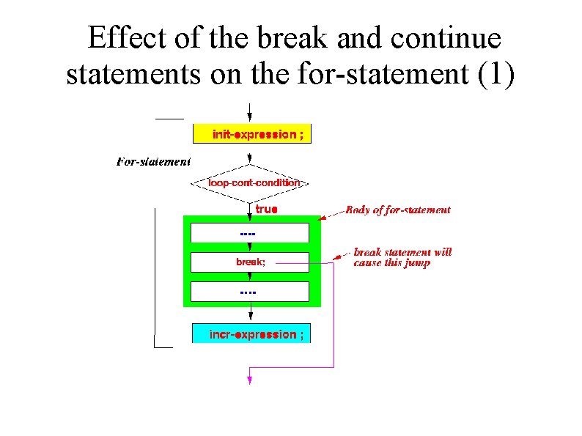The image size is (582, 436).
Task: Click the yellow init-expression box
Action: [x=251, y=134]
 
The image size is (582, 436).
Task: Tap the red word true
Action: [x=266, y=210]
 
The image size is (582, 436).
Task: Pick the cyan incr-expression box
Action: [x=251, y=334]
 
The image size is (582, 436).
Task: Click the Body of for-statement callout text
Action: [x=398, y=210]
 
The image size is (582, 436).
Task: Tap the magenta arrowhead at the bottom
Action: [x=250, y=380]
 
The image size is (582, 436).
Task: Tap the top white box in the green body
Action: [x=250, y=233]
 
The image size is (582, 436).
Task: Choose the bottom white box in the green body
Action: [x=250, y=292]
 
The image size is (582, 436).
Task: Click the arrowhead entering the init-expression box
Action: [x=251, y=119]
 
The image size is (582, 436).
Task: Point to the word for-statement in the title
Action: [x=386, y=75]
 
